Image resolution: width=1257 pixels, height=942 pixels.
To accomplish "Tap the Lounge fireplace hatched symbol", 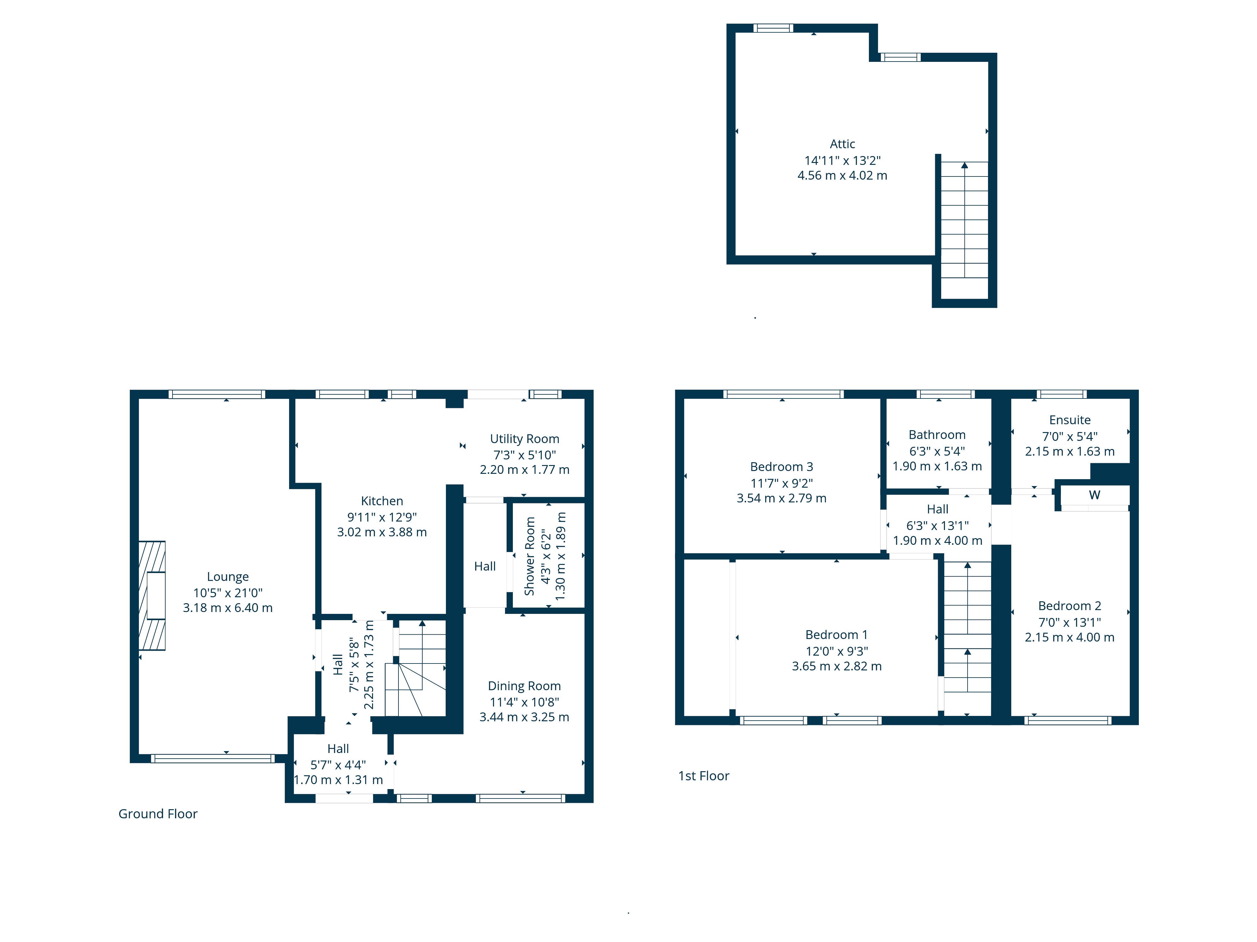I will pyautogui.click(x=152, y=595).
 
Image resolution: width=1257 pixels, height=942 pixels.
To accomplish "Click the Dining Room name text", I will pyautogui.click(x=524, y=685).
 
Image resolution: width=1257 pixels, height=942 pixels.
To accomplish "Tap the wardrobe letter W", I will pyautogui.click(x=1094, y=495).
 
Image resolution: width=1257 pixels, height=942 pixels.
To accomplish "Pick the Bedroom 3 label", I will pyautogui.click(x=781, y=466).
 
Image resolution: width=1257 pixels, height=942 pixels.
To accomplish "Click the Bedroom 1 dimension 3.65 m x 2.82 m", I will pyautogui.click(x=837, y=666).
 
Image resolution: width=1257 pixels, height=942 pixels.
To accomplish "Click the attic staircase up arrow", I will pyautogui.click(x=964, y=166).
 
